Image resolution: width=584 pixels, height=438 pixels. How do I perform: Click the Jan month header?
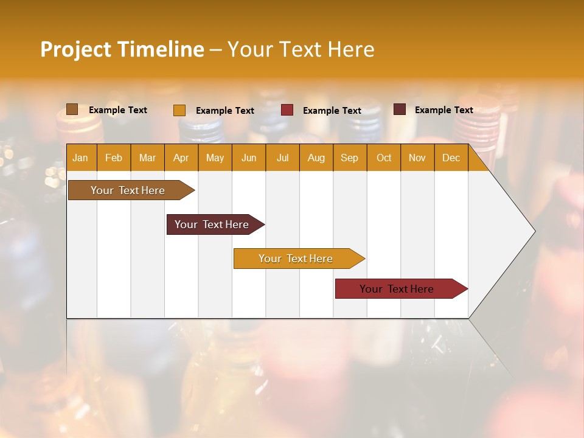pyautogui.click(x=81, y=158)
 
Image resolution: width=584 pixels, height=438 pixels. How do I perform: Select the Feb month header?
pyautogui.click(x=114, y=158)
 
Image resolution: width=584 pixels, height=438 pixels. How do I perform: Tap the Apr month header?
pyautogui.click(x=181, y=158)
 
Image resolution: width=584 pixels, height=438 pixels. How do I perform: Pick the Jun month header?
pyautogui.click(x=249, y=158)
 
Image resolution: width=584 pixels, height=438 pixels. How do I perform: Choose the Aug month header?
pyautogui.click(x=316, y=158)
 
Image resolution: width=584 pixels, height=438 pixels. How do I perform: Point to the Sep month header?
pyautogui.click(x=350, y=158)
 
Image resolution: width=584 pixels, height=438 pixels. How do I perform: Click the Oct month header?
pyautogui.click(x=384, y=158)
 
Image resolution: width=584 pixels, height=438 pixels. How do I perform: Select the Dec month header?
pyautogui.click(x=451, y=158)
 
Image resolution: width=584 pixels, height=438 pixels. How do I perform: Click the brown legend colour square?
pyautogui.click(x=72, y=109)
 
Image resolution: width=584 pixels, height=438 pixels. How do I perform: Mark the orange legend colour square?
pyautogui.click(x=179, y=110)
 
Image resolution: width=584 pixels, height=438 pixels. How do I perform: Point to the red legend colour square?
pyautogui.click(x=287, y=110)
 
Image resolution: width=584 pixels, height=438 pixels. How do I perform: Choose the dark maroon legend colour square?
pyautogui.click(x=400, y=109)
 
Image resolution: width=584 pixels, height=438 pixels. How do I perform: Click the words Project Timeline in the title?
pyautogui.click(x=122, y=49)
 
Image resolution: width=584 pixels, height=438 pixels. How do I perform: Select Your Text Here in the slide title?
pyautogui.click(x=301, y=49)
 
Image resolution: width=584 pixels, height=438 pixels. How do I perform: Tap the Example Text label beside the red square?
pyautogui.click(x=332, y=111)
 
